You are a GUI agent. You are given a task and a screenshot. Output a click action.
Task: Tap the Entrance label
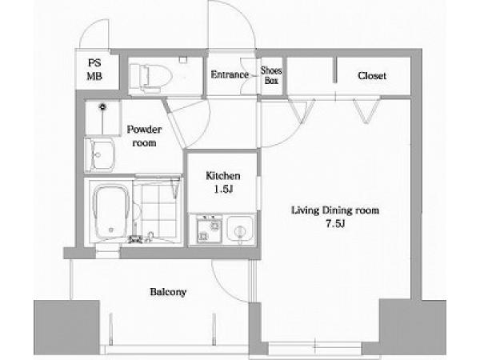[230, 74]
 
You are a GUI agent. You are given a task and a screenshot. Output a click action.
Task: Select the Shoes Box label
[271, 75]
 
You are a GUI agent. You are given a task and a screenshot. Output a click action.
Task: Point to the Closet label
[372, 76]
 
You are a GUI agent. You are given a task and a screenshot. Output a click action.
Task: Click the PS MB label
[94, 70]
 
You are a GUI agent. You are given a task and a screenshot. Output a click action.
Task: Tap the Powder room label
[144, 136]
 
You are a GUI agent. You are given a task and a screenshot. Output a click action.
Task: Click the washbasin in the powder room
[99, 155]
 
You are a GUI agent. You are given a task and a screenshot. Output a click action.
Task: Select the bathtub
[111, 211]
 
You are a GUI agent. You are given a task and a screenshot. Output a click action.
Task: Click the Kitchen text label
[223, 176]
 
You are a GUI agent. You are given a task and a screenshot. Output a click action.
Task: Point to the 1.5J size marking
[223, 190]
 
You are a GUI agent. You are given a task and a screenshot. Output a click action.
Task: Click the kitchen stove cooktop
[209, 230]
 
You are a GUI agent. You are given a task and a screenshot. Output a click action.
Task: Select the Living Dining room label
[335, 210]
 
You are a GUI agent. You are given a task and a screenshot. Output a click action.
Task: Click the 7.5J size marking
[335, 224]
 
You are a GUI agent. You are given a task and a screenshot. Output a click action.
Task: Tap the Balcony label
[168, 292]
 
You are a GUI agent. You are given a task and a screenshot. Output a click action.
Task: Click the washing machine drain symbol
[102, 107]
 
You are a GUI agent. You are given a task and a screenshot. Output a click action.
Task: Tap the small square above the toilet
[182, 60]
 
